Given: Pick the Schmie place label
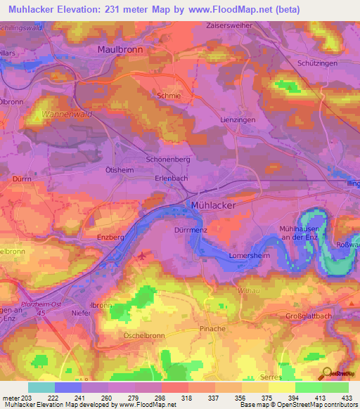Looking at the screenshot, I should (169, 93).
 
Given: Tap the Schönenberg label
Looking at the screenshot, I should (168, 160).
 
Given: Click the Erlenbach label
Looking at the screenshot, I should (171, 178).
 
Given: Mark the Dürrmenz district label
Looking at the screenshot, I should (188, 230).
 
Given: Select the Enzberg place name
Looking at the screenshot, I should (110, 238).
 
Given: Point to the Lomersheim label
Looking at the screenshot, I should (250, 257).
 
